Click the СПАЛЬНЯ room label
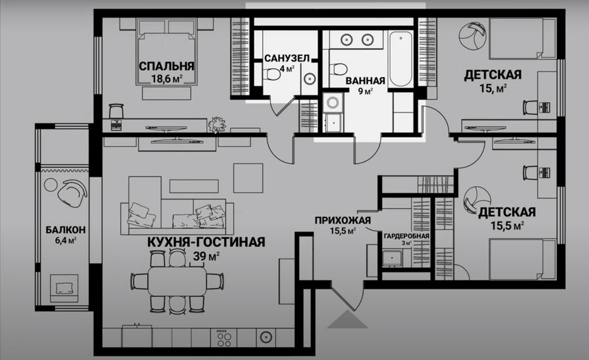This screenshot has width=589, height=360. [x=165, y=66]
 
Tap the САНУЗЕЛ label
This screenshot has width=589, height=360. [x=287, y=58]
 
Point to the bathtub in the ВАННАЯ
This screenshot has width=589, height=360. [x=401, y=59]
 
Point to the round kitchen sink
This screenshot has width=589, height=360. [x=266, y=337]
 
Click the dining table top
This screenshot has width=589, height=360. [x=177, y=281]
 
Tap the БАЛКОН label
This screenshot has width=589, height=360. [x=66, y=229]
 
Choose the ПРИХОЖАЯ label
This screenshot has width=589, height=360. [x=343, y=220]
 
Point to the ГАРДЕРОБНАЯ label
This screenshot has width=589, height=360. [x=406, y=236]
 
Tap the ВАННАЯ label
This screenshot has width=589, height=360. [x=364, y=80]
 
